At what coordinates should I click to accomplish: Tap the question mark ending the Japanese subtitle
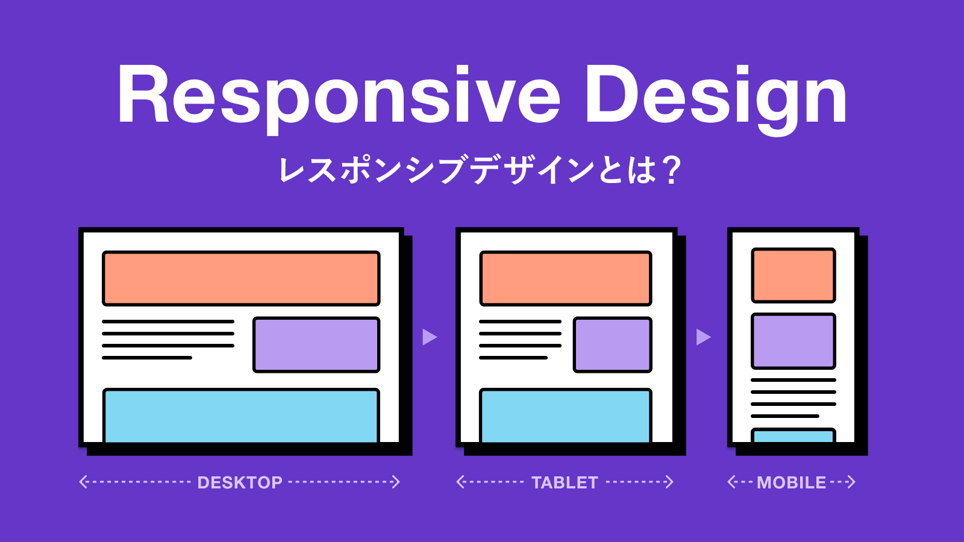point(669,170)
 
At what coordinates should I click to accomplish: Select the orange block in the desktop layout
point(241,278)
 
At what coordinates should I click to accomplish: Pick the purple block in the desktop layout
point(316,344)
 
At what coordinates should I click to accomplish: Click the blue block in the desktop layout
point(241,416)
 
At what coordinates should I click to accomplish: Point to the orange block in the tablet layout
point(566,278)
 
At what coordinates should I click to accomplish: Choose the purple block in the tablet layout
point(613,344)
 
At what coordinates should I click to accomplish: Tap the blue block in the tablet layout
point(566,416)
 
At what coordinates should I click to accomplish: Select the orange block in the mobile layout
point(793,275)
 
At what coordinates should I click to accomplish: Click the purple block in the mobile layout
point(793,341)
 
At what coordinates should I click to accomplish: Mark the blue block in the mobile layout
point(793,435)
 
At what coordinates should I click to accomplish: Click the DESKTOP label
point(240,482)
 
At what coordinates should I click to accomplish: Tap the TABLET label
point(565,482)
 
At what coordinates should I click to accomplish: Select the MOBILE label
point(792,482)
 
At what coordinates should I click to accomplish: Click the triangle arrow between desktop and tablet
point(430,337)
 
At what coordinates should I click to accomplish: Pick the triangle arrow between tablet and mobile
point(703,337)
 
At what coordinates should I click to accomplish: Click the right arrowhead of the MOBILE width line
point(851,482)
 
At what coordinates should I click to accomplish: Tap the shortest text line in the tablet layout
point(513,358)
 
